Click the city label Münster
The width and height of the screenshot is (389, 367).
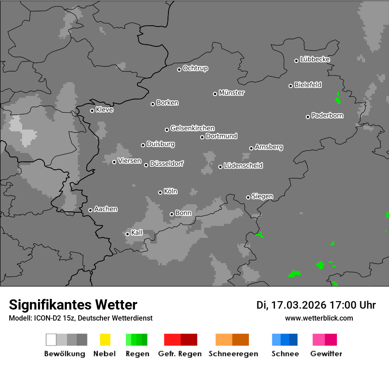(232, 93)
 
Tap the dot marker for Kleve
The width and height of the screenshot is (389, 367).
(92, 111)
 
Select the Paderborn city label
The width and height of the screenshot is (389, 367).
(328, 115)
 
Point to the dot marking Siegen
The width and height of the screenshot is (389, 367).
(248, 197)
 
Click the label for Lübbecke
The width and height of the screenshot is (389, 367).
(315, 59)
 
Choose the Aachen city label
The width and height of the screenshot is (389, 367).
(106, 209)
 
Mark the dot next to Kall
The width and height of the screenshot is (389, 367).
(127, 234)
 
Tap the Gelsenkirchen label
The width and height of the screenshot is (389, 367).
(192, 128)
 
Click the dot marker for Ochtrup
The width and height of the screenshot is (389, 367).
(179, 69)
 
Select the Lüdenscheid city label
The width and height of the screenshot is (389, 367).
(243, 166)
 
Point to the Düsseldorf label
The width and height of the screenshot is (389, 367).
(167, 164)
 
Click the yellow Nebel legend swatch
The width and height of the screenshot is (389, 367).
(105, 340)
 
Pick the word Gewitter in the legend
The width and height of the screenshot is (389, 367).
(326, 354)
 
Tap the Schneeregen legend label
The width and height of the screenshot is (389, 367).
(233, 354)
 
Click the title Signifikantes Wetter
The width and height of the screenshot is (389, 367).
(73, 305)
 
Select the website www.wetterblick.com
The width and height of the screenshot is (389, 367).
(319, 318)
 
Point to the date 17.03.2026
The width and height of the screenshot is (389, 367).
(299, 305)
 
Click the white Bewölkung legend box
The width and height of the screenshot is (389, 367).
(51, 340)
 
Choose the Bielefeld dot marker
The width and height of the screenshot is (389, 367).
(291, 86)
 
